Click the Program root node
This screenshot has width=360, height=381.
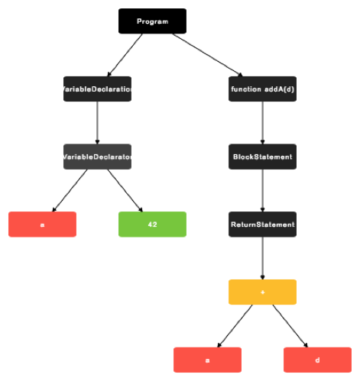(x=152, y=21)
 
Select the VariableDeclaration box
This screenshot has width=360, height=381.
(x=97, y=89)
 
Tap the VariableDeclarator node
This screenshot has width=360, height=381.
(x=97, y=157)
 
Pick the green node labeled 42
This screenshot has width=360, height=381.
(x=152, y=224)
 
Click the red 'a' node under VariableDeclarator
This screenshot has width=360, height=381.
(x=42, y=224)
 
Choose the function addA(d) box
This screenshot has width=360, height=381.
(x=262, y=89)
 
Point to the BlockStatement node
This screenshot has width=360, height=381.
(x=262, y=157)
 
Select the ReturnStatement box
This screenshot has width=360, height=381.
(x=262, y=224)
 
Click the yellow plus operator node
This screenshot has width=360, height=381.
(x=262, y=292)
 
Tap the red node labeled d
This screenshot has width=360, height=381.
(x=317, y=360)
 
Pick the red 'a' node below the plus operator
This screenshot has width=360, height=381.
(x=207, y=360)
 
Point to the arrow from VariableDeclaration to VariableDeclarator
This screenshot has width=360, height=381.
(x=97, y=123)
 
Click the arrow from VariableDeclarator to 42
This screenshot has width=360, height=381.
(x=125, y=191)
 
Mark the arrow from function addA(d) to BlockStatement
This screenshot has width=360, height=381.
(x=262, y=123)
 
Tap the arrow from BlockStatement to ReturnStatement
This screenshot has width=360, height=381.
(x=262, y=191)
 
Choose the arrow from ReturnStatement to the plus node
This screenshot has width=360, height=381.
(x=262, y=258)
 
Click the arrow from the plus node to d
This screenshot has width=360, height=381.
(x=290, y=326)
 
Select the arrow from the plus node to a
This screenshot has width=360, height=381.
(x=235, y=326)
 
